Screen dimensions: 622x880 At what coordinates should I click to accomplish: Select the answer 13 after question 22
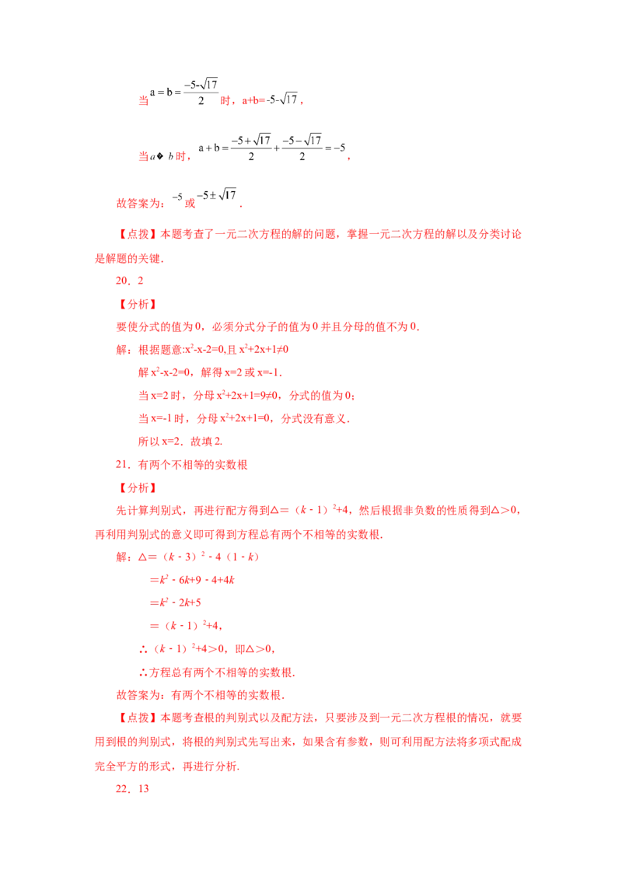pos(144,788)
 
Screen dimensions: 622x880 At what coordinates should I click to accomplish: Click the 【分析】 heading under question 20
pos(137,304)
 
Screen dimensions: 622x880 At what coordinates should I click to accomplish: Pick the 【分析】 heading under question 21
pos(137,487)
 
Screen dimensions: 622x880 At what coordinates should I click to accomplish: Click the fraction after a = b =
pos(201,92)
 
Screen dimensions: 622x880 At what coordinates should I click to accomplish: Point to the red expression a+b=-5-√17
pos(270,100)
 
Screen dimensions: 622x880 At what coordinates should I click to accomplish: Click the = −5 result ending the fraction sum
pos(335,148)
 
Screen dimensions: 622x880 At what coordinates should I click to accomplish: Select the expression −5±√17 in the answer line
pos(217,195)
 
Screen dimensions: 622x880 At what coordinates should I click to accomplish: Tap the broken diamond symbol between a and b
pos(160,156)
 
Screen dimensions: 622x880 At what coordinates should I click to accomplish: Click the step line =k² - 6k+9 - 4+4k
pos(192,580)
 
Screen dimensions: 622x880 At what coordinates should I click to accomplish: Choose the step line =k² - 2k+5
pos(175,602)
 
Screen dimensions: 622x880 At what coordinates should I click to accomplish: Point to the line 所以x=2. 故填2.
pos(180,442)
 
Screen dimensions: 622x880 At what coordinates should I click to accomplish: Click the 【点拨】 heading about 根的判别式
pos(137,718)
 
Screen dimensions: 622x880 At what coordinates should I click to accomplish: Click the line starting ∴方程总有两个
pos(217,672)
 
